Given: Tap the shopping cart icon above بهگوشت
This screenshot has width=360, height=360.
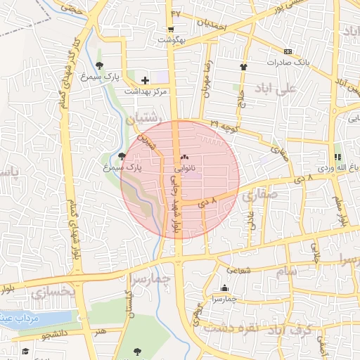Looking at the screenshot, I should [171, 30].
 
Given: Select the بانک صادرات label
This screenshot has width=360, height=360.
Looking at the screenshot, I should [288, 63].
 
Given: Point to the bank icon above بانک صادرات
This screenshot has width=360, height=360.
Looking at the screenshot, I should [288, 51].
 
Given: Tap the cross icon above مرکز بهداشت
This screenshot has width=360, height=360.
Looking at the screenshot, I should [145, 80].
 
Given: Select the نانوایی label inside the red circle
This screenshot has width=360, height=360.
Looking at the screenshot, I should [184, 169].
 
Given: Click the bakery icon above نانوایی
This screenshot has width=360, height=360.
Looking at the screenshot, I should [184, 157].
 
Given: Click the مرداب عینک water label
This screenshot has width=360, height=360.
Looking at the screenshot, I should [20, 318].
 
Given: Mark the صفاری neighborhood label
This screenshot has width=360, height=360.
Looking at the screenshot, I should [259, 198].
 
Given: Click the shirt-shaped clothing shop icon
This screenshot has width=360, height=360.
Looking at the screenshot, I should [244, 67].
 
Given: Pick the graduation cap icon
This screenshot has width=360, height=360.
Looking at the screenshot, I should [25, 350].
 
